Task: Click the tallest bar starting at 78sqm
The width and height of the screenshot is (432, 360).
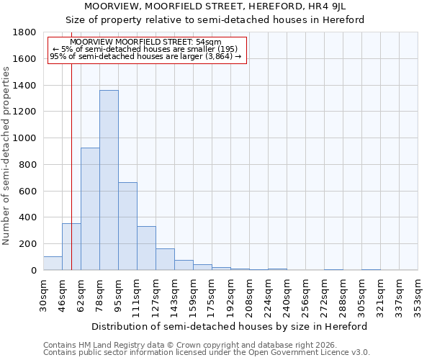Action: [109, 180]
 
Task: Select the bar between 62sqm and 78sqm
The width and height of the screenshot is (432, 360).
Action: [90, 209]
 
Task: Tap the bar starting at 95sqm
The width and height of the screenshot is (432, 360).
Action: [127, 226]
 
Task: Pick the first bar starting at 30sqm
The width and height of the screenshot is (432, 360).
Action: [53, 264]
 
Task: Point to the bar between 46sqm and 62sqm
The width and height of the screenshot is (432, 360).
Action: [71, 247]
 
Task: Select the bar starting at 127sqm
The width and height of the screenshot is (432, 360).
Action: [165, 259]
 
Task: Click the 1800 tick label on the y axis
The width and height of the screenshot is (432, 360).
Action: [25, 32]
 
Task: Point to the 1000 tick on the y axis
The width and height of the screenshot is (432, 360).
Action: [25, 138]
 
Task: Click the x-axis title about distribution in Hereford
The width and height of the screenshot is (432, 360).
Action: [230, 326]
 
